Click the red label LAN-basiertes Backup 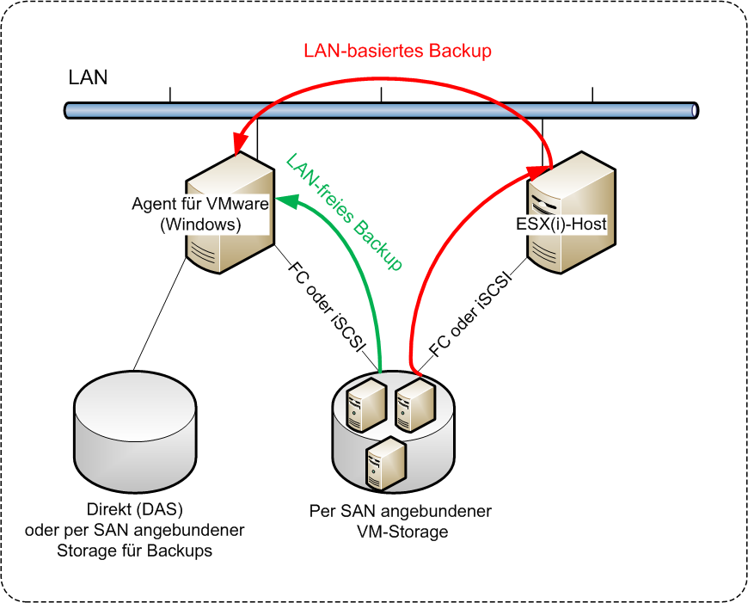397,51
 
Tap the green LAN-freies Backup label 345,212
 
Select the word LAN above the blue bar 88,77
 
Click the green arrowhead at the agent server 289,206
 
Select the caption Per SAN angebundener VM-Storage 401,521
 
